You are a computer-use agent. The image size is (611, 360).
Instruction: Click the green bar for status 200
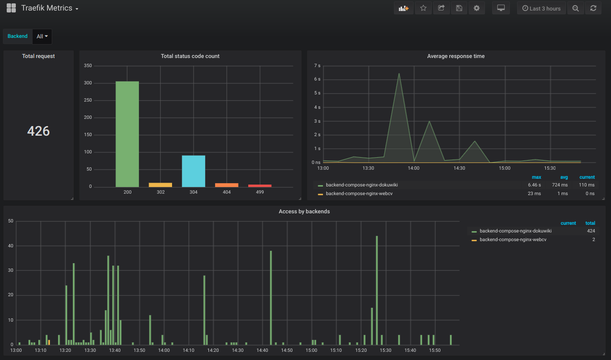tap(127, 134)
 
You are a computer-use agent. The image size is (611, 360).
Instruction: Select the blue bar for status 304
tap(194, 171)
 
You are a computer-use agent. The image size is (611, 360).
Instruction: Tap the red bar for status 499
tap(260, 186)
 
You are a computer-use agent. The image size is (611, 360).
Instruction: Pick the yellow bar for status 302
tap(160, 185)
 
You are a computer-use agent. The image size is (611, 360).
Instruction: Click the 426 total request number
tap(38, 131)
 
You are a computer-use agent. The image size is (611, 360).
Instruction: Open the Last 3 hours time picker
tap(541, 9)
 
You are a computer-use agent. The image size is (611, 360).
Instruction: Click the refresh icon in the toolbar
tap(593, 9)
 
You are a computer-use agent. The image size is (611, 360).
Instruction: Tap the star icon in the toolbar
tap(423, 8)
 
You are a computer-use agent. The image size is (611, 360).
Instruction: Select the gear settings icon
tap(476, 8)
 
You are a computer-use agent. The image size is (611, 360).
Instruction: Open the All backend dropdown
tap(43, 36)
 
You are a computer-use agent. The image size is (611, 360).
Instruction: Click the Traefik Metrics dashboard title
tap(47, 8)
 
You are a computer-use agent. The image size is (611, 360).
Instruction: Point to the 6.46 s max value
tap(534, 185)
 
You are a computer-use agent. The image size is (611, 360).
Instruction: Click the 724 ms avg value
tap(561, 185)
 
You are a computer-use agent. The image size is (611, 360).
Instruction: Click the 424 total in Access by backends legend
tap(591, 231)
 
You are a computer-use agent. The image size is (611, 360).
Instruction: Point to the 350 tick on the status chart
tap(88, 66)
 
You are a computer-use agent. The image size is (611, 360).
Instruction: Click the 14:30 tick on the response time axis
tap(459, 168)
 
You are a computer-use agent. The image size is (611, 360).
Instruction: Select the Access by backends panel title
tap(304, 211)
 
